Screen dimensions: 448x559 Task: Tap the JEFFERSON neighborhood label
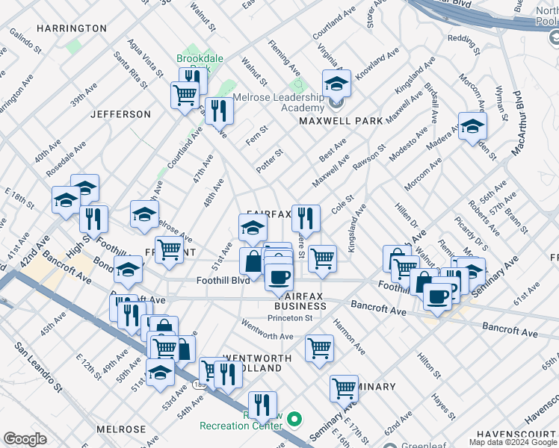(120, 114)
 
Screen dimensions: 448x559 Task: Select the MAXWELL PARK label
(341, 120)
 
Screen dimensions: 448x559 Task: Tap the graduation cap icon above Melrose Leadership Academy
(336, 84)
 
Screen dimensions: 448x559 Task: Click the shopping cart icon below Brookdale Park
(184, 95)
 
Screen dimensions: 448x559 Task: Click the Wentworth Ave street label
(267, 336)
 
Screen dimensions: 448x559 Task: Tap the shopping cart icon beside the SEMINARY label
(344, 388)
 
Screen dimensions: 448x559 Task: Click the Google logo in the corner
(25, 439)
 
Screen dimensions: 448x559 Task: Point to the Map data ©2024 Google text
(513, 442)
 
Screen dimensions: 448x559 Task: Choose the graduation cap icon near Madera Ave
(472, 127)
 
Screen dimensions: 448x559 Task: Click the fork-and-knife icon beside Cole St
(305, 218)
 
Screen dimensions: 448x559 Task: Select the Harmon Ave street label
(349, 337)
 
